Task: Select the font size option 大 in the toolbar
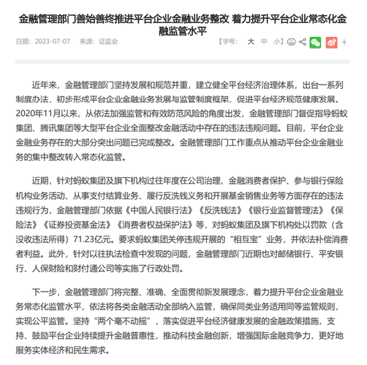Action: click(x=252, y=41)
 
